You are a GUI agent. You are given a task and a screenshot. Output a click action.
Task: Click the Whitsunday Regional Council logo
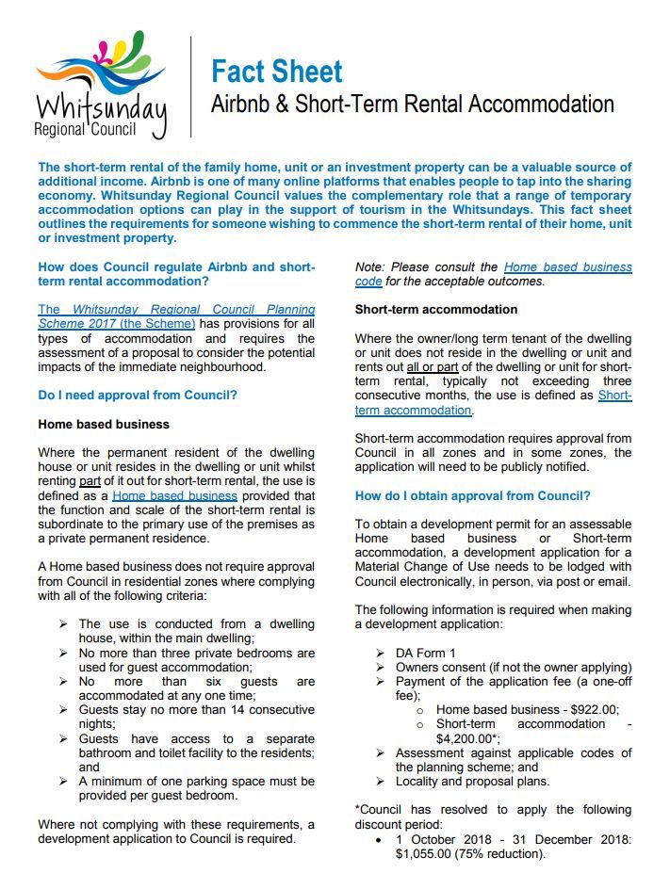pos(102,85)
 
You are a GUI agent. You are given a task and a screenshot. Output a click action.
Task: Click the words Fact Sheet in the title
pos(276,71)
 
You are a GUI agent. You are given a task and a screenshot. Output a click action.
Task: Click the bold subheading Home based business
pos(104,425)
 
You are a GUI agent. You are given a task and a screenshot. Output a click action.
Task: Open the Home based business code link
pos(567,267)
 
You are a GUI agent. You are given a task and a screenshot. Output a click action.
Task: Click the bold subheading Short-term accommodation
pos(435,309)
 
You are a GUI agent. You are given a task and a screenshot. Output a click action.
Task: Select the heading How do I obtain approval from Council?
pos(472,496)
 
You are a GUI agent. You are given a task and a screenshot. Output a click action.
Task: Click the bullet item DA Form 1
pos(426,653)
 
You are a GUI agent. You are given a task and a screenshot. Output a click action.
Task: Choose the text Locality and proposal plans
pos(472,782)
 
